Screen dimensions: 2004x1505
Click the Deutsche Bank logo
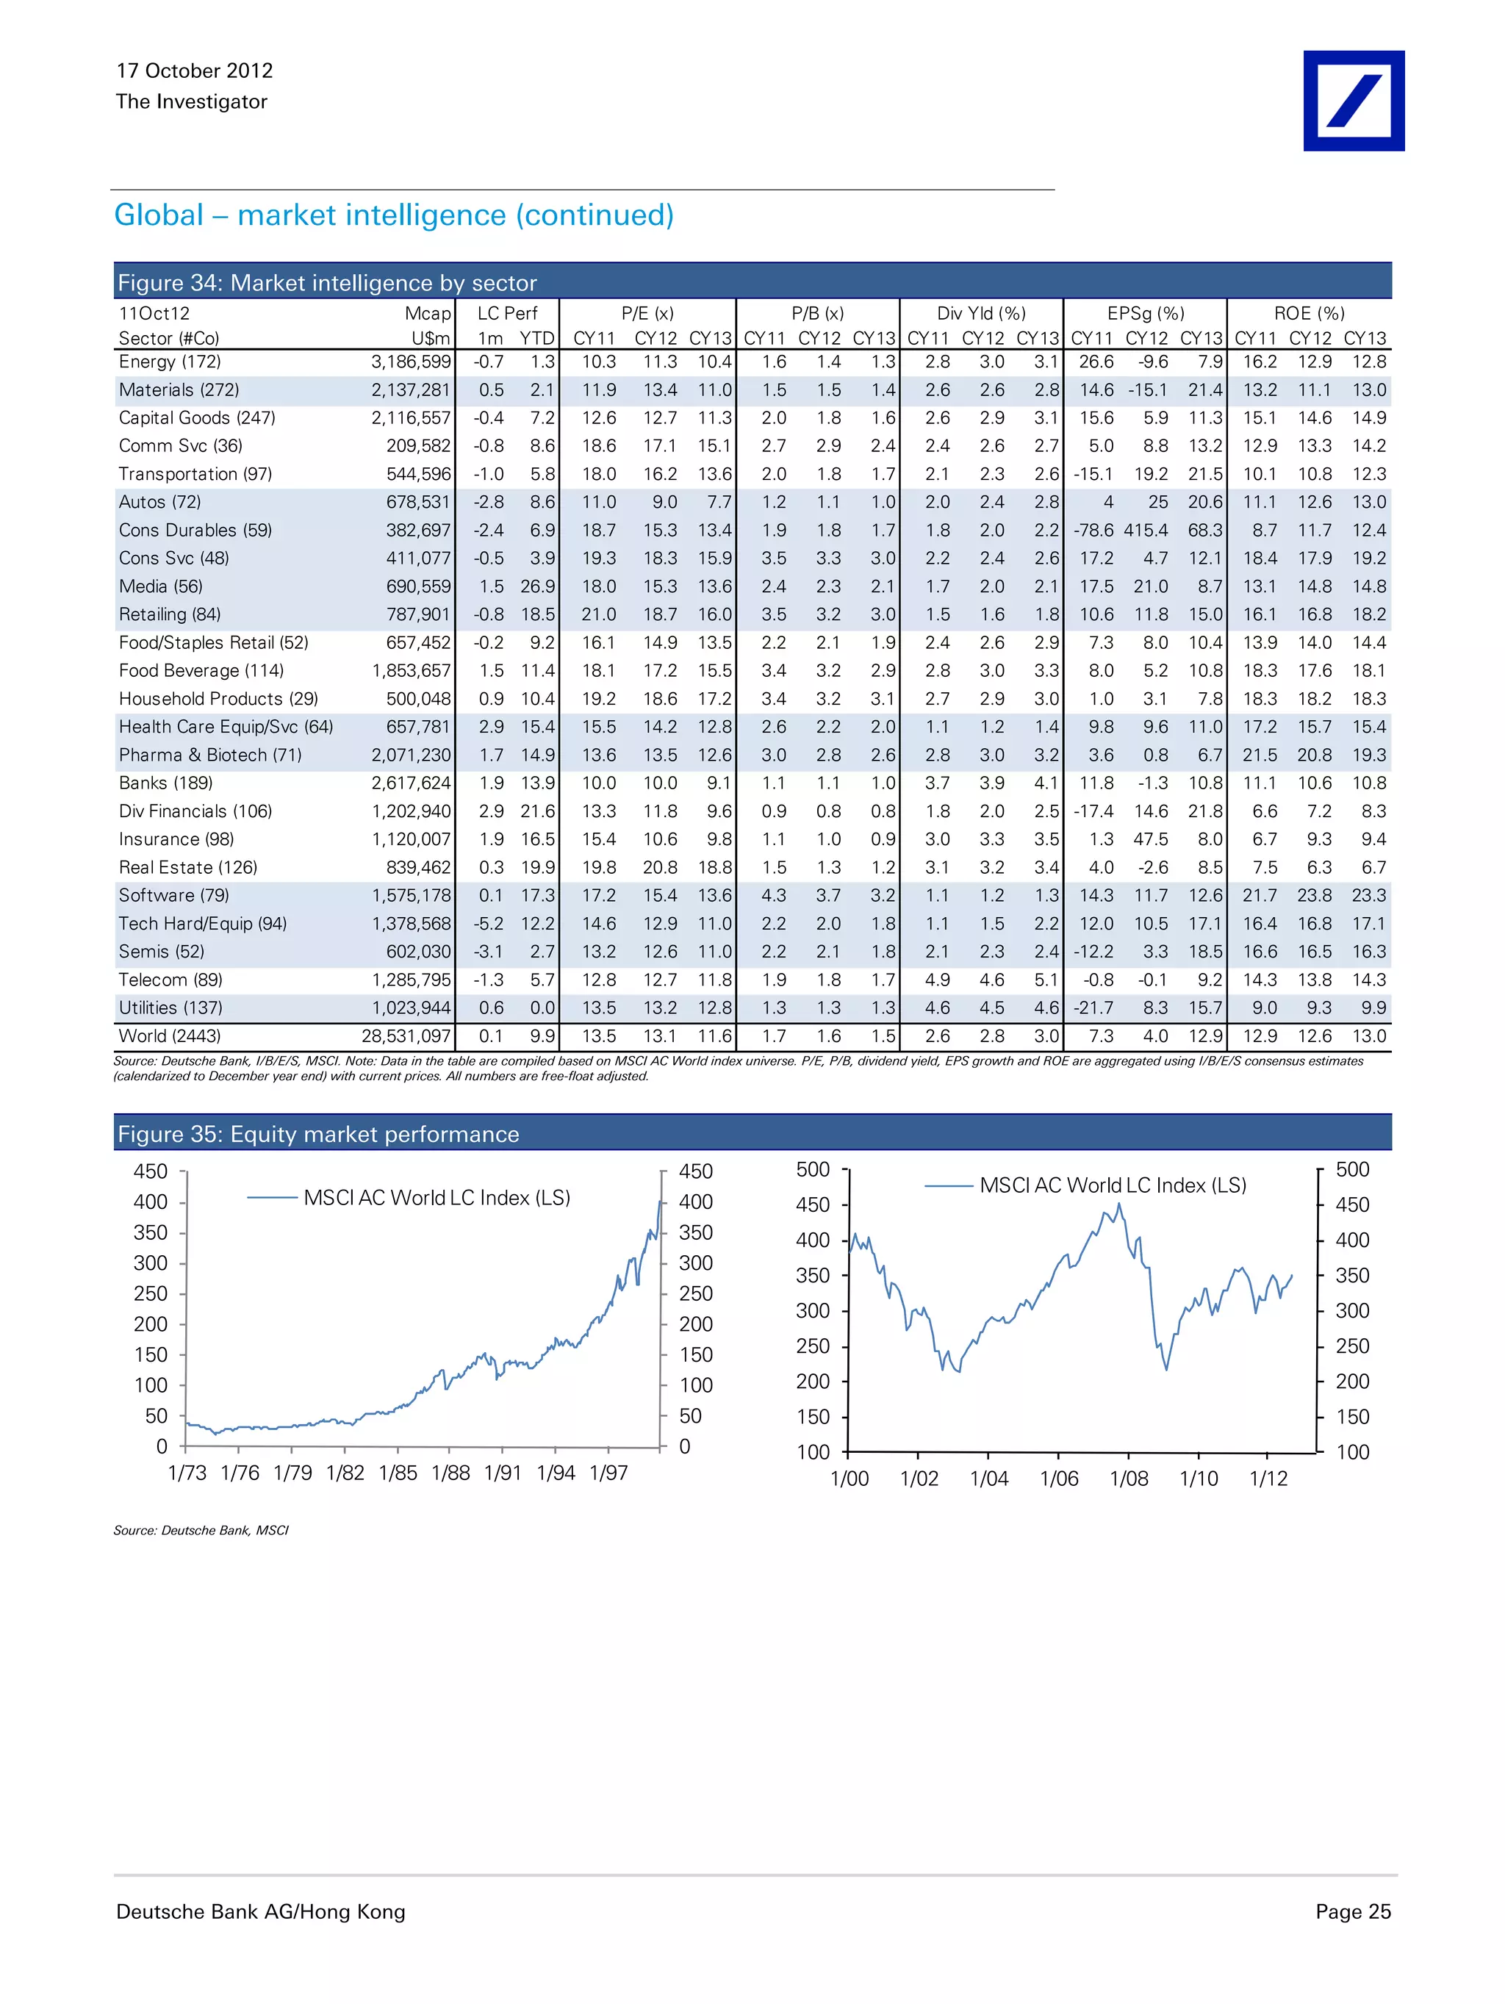pyautogui.click(x=1353, y=101)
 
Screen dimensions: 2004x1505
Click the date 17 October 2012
pyautogui.click(x=194, y=71)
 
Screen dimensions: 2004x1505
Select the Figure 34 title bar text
pyautogui.click(x=327, y=283)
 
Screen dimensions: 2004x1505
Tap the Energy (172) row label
pyautogui.click(x=170, y=362)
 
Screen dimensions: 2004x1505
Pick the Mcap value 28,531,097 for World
pyautogui.click(x=406, y=1035)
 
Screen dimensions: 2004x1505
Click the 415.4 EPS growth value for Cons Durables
pyautogui.click(x=1146, y=530)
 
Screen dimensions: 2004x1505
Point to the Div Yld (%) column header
pyautogui.click(x=980, y=314)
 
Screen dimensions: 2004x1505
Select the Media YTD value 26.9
pyautogui.click(x=537, y=586)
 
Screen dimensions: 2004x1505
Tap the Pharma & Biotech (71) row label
pyautogui.click(x=210, y=755)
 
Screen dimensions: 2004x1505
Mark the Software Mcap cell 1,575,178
pyautogui.click(x=411, y=895)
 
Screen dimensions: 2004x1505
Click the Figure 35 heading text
pyautogui.click(x=318, y=1134)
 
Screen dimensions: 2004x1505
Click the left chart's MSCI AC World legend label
pyautogui.click(x=437, y=1198)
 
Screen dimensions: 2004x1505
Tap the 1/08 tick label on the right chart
pyautogui.click(x=1128, y=1479)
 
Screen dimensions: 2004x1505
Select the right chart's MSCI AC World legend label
pyautogui.click(x=1113, y=1185)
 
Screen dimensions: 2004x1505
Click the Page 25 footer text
pyautogui.click(x=1352, y=1911)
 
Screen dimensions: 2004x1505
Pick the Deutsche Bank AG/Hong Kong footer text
pyautogui.click(x=260, y=1911)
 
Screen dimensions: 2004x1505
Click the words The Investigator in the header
pyautogui.click(x=191, y=101)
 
